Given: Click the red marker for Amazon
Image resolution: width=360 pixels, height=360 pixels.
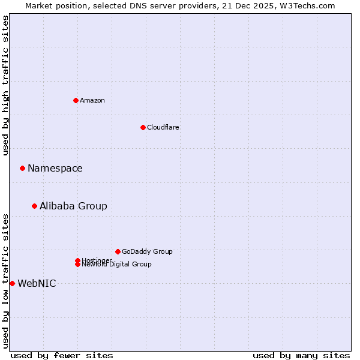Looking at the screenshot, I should click(x=76, y=100).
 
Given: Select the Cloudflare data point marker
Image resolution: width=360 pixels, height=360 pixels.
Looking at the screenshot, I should click(x=143, y=127).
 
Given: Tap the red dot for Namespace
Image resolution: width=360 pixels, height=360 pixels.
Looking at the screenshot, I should click(x=22, y=168).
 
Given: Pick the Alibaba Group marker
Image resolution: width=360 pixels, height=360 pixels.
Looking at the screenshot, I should click(x=34, y=206).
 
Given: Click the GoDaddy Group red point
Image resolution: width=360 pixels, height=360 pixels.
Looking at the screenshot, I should click(x=118, y=251).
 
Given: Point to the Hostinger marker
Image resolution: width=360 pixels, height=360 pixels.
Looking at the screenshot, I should click(x=77, y=260).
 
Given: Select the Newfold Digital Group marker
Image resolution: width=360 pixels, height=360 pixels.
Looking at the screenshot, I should click(x=78, y=265).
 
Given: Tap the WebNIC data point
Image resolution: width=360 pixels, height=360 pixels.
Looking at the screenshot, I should click(x=12, y=283).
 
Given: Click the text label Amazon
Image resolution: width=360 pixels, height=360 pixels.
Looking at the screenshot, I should click(x=92, y=100).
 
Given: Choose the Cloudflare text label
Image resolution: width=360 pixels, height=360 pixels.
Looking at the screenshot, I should click(x=163, y=127).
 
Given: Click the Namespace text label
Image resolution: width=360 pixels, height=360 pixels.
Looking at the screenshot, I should click(x=55, y=168).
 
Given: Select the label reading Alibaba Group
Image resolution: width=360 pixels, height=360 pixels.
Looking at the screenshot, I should click(x=73, y=206).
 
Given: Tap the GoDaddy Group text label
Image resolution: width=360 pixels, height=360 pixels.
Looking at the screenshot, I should click(x=147, y=251).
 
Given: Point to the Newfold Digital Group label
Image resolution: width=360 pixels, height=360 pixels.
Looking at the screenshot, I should click(x=117, y=265).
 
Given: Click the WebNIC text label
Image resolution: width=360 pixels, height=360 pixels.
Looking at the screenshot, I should click(x=37, y=283).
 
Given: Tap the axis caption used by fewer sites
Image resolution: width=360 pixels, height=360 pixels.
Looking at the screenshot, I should click(x=62, y=355).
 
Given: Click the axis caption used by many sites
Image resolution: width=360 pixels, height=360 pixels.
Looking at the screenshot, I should click(x=301, y=355).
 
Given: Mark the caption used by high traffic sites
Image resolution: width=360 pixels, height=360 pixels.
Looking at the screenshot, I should click(x=5, y=85).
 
